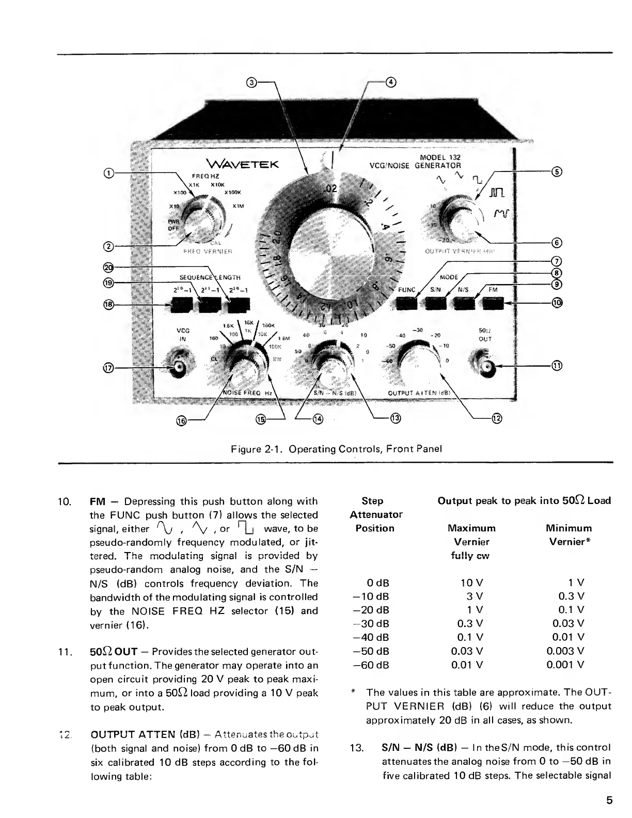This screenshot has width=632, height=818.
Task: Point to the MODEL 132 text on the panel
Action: (x=440, y=158)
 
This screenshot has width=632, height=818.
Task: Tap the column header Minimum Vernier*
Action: (x=568, y=535)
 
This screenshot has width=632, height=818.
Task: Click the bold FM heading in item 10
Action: (x=98, y=501)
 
